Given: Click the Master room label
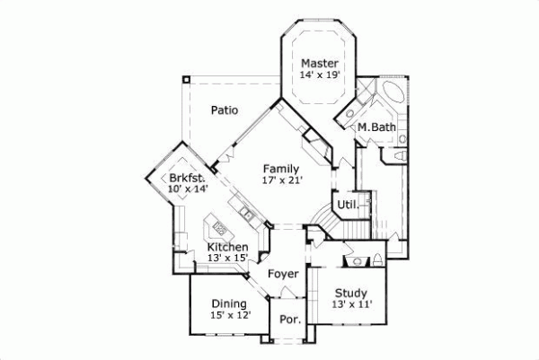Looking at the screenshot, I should tap(319, 63).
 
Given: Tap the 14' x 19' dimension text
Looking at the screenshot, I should tap(319, 76).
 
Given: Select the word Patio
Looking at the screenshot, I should tap(225, 111).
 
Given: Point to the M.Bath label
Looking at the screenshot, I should tap(377, 127).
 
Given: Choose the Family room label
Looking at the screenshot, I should tap(281, 168).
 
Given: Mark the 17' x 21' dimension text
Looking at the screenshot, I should tap(281, 180).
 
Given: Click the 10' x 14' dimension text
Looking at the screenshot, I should tap(188, 189).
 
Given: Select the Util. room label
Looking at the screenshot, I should tap(348, 205).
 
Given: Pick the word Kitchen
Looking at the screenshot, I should tap(228, 247).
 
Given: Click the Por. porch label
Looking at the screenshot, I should tap(288, 320).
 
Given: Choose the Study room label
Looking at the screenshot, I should tap(351, 293).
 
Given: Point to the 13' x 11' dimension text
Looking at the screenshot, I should tap(351, 305).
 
